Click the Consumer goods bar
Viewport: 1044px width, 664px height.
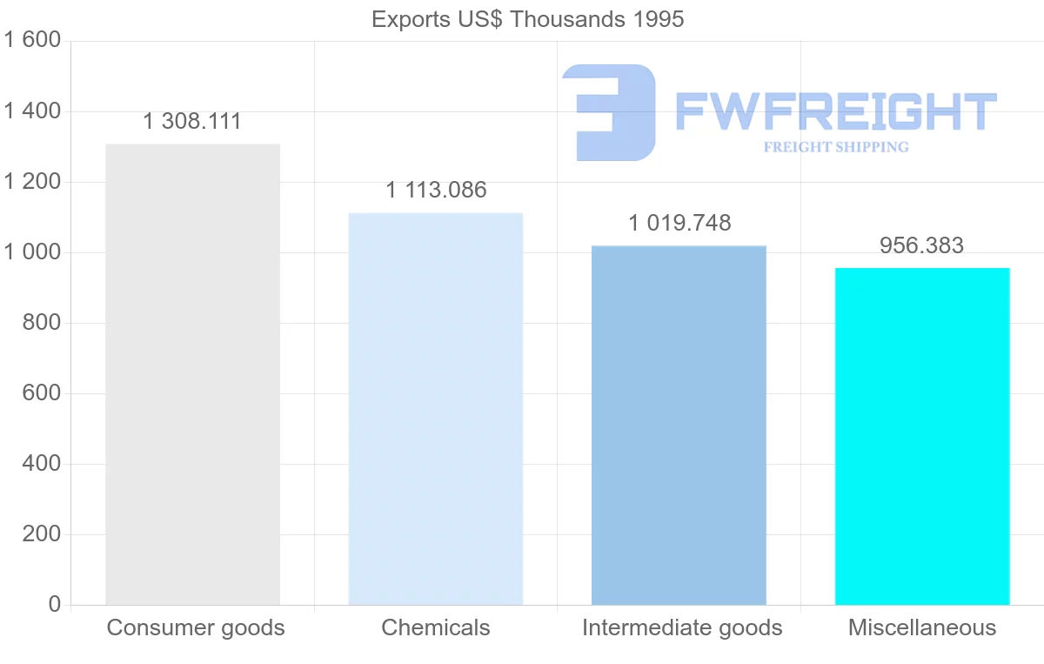click(x=192, y=374)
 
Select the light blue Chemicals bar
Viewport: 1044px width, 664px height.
click(x=436, y=409)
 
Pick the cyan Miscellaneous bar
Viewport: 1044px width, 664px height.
click(x=922, y=436)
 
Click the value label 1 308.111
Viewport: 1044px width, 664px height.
click(x=192, y=122)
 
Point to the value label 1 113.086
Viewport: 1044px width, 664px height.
click(x=436, y=190)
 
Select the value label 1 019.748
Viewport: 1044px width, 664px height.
click(x=679, y=223)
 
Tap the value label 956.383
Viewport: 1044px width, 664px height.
click(x=921, y=245)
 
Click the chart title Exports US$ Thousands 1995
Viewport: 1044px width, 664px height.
click(x=528, y=19)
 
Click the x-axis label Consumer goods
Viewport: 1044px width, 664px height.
click(x=196, y=627)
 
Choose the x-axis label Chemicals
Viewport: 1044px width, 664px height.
click(x=436, y=627)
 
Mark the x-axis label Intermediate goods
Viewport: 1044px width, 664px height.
click(x=682, y=627)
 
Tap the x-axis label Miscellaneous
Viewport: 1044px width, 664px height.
click(x=922, y=627)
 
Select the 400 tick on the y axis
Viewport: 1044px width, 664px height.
click(x=40, y=464)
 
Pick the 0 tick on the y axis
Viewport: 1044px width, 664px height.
click(x=54, y=605)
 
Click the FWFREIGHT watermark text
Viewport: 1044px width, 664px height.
click(x=835, y=111)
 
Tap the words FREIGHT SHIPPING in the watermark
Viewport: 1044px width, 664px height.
click(x=836, y=147)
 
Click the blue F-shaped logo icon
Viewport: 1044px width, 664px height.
click(x=609, y=111)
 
